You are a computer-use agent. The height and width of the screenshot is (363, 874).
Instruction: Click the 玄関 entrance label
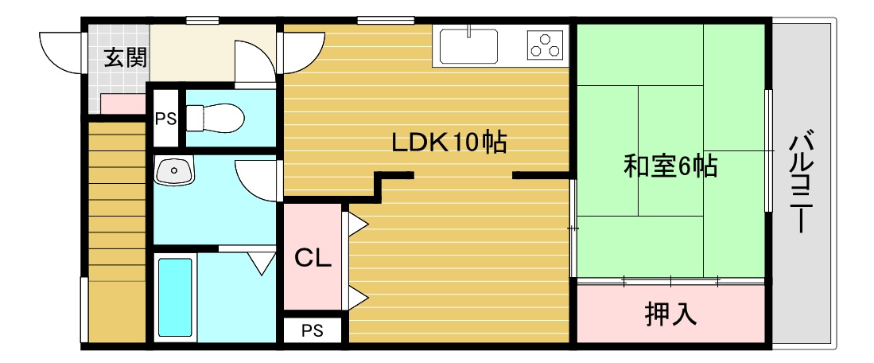tap(126, 58)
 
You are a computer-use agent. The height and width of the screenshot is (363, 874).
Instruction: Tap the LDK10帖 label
tap(449, 143)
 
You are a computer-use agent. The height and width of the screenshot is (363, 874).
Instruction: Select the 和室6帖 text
tap(670, 166)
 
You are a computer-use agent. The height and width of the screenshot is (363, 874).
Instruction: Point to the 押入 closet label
tap(670, 314)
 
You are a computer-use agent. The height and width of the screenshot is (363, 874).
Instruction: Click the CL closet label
tap(313, 258)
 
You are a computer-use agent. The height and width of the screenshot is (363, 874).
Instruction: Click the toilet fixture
tap(215, 117)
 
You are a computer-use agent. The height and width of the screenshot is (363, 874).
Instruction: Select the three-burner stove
tap(545, 45)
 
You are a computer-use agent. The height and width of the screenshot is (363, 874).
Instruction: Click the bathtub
tap(175, 297)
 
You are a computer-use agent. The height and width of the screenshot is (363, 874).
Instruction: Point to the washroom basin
tap(174, 170)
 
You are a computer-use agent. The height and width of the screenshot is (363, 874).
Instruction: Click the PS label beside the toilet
tap(165, 119)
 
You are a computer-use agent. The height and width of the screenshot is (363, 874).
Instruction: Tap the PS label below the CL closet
tap(313, 331)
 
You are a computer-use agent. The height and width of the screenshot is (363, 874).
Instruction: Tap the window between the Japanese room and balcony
tap(769, 150)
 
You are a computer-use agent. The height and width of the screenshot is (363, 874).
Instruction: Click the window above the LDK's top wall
tap(386, 21)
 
